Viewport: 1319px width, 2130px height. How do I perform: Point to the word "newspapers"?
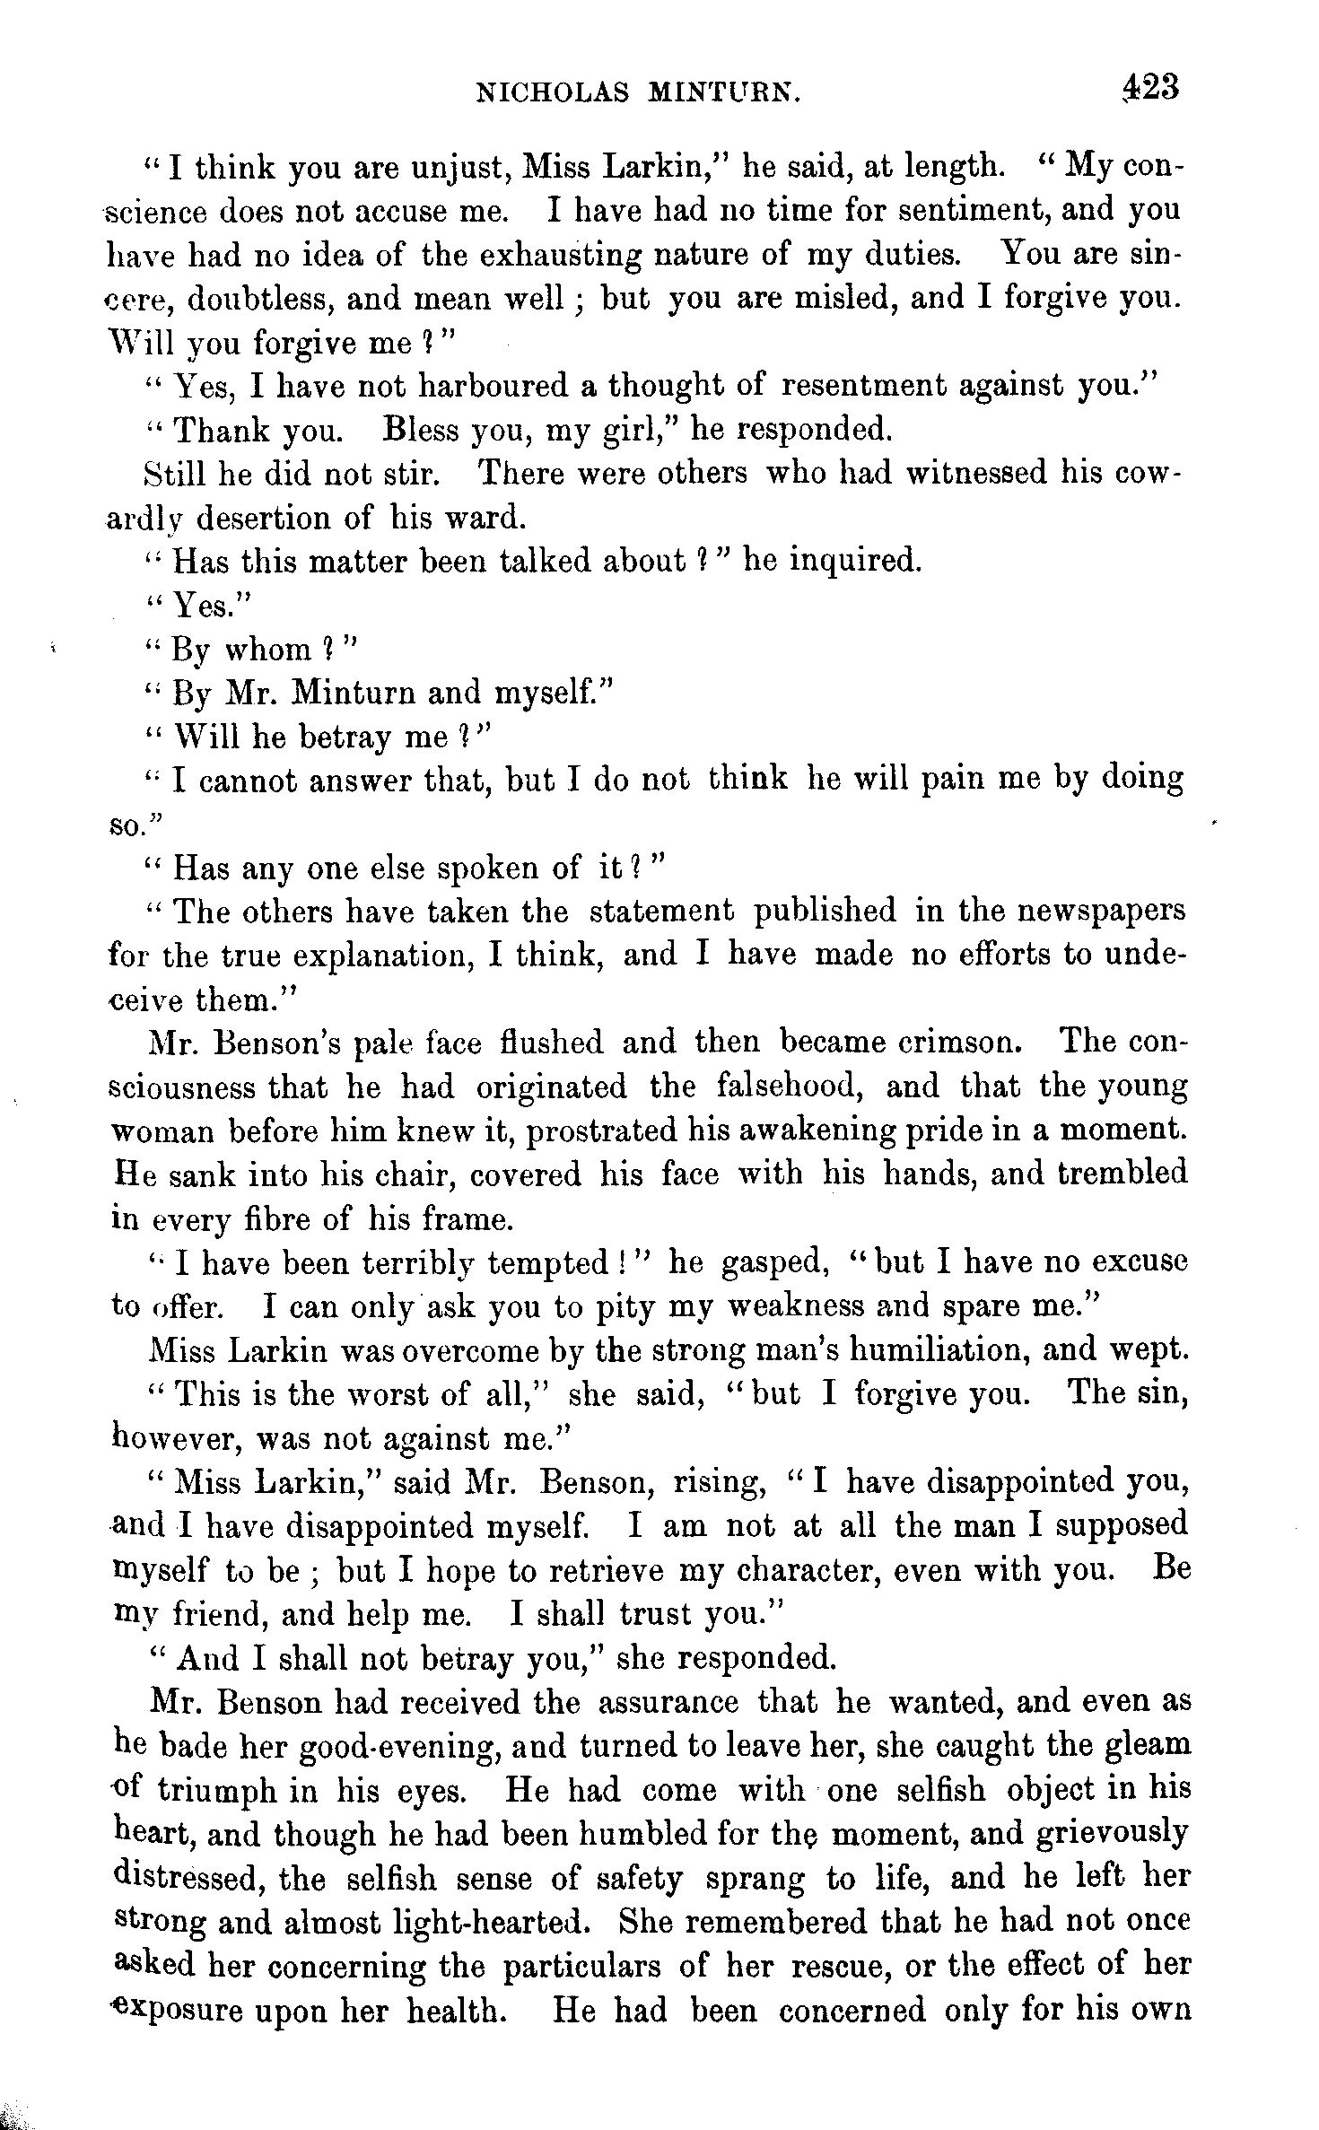tap(1081, 911)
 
